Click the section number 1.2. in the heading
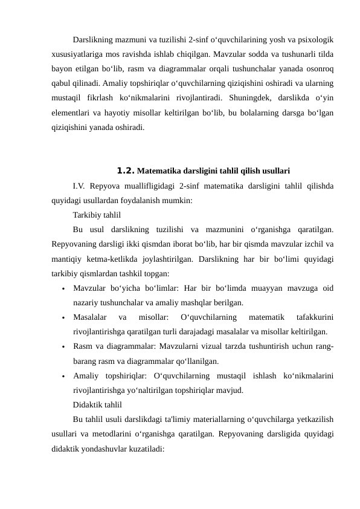click(x=126, y=170)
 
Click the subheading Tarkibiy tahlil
click(x=97, y=215)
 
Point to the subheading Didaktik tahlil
click(x=97, y=404)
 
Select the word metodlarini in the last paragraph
click(x=126, y=433)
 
